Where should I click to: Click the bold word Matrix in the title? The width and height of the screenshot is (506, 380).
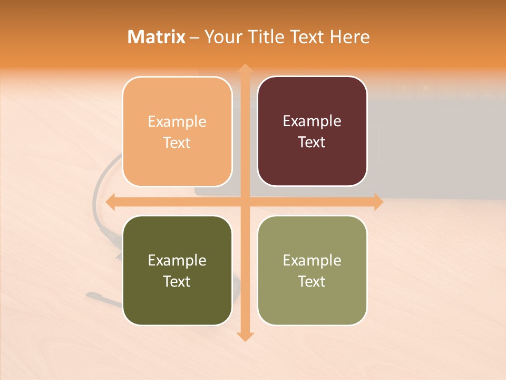point(157,37)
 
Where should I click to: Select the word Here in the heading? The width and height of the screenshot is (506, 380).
point(349,37)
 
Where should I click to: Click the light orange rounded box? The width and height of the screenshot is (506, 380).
point(177,131)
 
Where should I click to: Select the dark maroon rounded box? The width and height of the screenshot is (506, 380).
point(312,131)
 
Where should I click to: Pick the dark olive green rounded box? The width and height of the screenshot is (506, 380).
point(177,270)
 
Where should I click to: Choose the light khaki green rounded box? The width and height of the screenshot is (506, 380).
point(312,270)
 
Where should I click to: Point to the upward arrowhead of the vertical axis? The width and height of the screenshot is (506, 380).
point(245,69)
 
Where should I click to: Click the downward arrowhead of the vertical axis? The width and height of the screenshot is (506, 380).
point(245,336)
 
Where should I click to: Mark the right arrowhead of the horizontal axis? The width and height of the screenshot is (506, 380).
point(378,202)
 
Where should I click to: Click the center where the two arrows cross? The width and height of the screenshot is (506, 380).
point(245,202)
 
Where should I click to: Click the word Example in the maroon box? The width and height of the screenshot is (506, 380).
point(312,121)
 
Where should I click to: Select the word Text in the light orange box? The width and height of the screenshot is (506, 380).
point(177,142)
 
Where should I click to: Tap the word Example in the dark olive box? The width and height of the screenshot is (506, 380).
point(177,260)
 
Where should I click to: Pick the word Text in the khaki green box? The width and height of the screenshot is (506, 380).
point(312,281)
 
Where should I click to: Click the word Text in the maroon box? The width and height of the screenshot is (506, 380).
point(312,142)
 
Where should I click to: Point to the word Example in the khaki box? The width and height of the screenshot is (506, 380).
point(312,260)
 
